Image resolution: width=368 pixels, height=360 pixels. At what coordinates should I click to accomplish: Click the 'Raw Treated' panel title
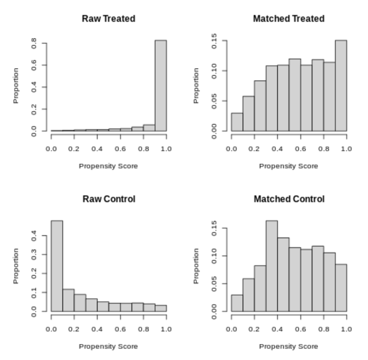[109, 18]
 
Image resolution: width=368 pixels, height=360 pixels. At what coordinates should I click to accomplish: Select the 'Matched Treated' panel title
[288, 18]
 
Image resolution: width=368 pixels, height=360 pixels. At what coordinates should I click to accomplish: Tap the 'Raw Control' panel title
[109, 199]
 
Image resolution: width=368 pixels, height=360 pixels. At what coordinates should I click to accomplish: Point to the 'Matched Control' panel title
[288, 199]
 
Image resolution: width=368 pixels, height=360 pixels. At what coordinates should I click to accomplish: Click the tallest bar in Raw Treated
[160, 86]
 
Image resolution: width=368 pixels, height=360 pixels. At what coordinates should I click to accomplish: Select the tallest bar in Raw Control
[56, 266]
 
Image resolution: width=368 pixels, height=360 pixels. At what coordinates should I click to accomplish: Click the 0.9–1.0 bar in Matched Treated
[340, 86]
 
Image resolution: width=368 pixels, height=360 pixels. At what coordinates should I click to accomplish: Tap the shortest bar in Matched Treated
[237, 122]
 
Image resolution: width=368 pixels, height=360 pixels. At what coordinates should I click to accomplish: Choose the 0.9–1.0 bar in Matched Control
[340, 288]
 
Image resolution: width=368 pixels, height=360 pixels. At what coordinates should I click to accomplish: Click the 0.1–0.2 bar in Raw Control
[68, 301]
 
